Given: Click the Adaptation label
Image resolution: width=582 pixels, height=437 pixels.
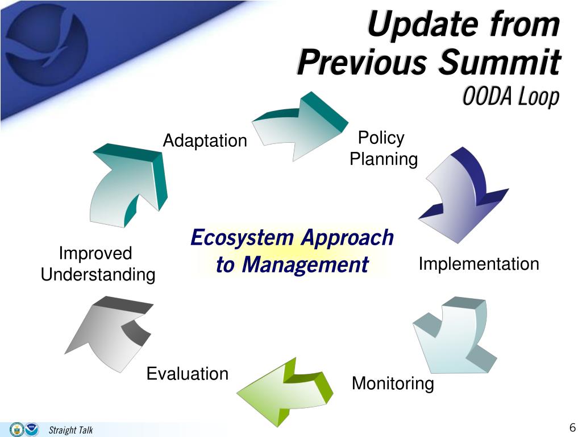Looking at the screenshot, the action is click(x=205, y=141).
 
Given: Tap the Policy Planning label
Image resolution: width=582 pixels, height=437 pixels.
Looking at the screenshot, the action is click(x=384, y=149).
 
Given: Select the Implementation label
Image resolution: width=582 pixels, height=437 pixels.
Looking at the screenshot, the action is click(x=479, y=264).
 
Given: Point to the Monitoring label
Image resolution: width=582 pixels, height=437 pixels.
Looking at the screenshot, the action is click(x=393, y=383).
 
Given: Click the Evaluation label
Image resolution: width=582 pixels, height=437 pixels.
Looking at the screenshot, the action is click(x=188, y=373).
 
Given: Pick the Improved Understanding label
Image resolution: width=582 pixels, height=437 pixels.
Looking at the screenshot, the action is click(x=98, y=264).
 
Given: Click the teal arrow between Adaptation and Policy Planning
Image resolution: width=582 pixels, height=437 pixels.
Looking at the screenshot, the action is click(x=300, y=126).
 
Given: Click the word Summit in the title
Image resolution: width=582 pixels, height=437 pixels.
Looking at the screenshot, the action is click(x=500, y=61).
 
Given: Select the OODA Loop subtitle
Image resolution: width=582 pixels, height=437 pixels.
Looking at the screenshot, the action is click(x=511, y=97).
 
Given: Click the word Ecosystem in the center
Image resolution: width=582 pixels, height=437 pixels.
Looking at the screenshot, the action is click(x=242, y=237).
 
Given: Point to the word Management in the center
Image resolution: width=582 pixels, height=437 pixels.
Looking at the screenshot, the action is click(x=305, y=265).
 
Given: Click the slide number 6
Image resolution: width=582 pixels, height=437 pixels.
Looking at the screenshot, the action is click(x=572, y=427).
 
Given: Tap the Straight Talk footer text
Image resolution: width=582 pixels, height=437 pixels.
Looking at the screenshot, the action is click(x=70, y=430).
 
